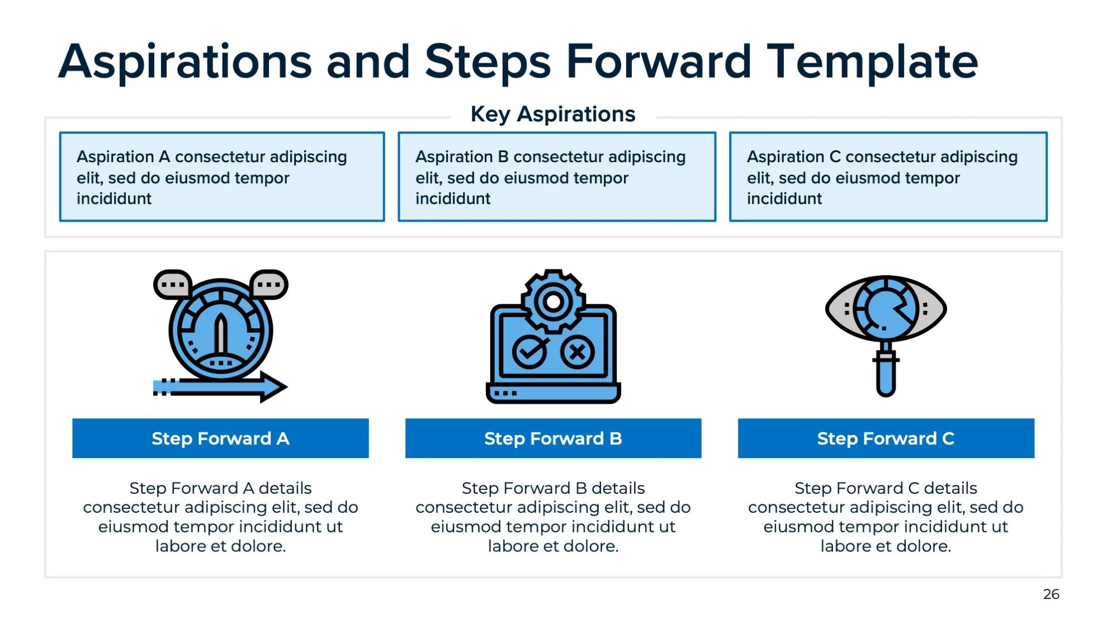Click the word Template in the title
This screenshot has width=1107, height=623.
coord(872,62)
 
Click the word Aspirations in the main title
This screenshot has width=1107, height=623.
coord(184,62)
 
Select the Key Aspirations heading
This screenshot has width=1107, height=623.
coord(552,114)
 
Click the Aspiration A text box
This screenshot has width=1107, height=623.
coord(222,177)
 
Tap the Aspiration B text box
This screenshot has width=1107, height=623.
coord(556,177)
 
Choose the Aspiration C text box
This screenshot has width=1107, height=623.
coord(888,177)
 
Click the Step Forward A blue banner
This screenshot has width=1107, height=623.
coord(220,438)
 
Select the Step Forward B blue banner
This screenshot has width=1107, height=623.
coord(553,438)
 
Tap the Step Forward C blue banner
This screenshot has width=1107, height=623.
coord(886,438)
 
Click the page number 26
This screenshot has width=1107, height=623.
coord(1051,594)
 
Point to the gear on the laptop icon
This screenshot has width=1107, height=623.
coord(553,302)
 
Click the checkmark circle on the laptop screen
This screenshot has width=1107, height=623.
coord(529,352)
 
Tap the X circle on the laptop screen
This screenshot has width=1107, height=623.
coord(577,352)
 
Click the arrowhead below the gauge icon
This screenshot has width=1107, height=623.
coord(273,386)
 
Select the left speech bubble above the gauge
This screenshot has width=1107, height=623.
coord(173,285)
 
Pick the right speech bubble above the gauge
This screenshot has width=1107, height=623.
coord(269,285)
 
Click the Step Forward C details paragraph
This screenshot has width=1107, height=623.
coord(886,517)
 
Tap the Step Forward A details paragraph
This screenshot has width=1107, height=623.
coord(220,517)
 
